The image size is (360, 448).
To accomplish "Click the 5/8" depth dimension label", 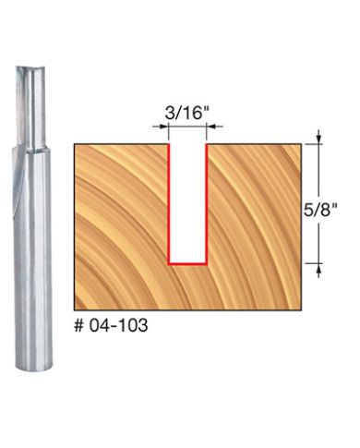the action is (320, 211).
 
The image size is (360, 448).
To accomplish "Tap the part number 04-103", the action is (119, 325).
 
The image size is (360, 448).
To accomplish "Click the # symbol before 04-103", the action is (79, 325).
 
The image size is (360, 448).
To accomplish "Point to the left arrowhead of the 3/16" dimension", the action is (164, 127).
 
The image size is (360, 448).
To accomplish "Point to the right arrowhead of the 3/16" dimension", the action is (210, 127).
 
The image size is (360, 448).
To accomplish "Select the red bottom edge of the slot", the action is (187, 264).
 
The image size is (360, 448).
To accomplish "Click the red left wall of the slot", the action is (169, 204).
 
